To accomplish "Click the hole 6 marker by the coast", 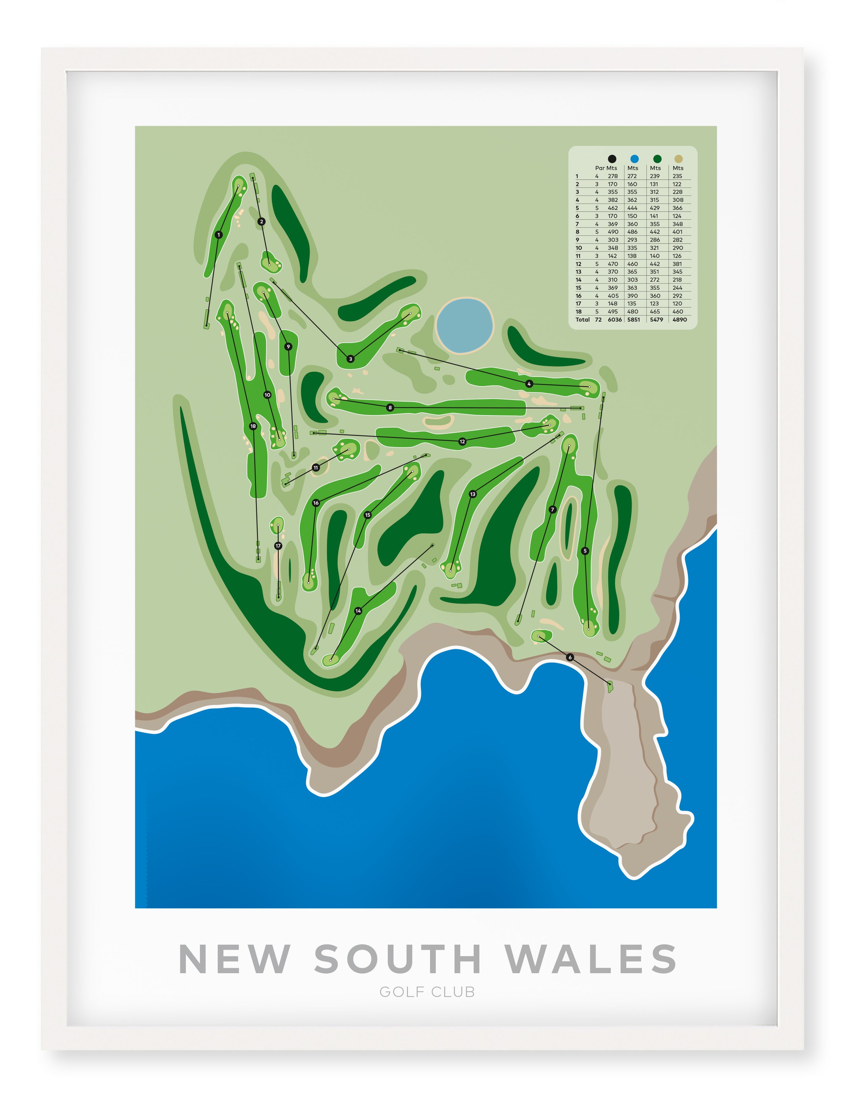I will pos(570,657).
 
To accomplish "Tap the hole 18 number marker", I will pos(253,427).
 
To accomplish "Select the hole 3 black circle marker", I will pos(351,359).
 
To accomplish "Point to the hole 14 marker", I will pos(358,611).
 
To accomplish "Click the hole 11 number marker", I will pos(316,468).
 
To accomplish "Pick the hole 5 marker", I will pos(585,551).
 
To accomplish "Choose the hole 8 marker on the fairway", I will pos(390,407).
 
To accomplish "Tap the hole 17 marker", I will pos(278,546).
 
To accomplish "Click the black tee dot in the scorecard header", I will pos(612,159).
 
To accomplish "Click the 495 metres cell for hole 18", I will pos(613,311).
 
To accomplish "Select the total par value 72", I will pos(598,320).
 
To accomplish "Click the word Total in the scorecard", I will pos(583,320).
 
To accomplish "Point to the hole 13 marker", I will pos(473,494).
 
